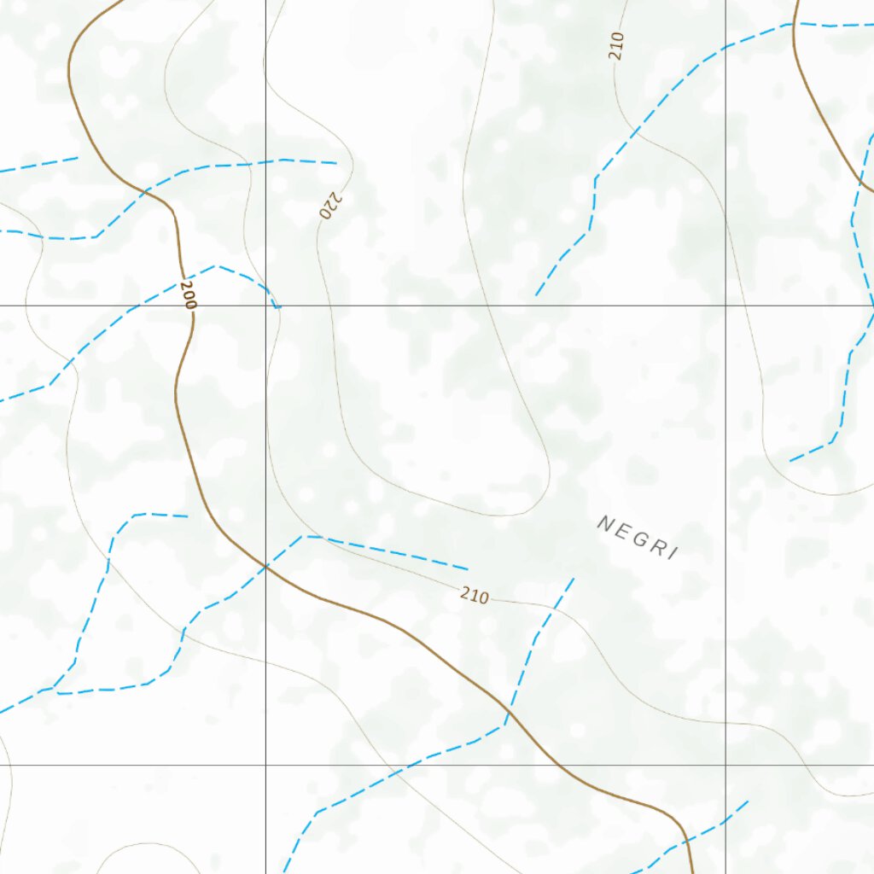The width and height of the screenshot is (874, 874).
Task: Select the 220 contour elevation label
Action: [330, 205]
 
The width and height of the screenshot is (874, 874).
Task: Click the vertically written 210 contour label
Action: [617, 45]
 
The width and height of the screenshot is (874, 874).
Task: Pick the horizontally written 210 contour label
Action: [475, 596]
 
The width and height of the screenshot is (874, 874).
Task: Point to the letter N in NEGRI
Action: [604, 522]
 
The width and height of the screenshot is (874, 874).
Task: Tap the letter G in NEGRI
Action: [639, 538]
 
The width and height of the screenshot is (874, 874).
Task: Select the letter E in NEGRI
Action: [621, 530]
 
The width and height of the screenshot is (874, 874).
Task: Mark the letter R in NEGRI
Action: [657, 546]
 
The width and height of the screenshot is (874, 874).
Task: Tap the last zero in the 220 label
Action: [325, 213]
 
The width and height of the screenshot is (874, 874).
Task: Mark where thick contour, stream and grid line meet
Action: [265, 566]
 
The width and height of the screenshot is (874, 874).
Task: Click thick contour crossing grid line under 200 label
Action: [190, 305]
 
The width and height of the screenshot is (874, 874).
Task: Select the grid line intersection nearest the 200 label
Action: [265, 305]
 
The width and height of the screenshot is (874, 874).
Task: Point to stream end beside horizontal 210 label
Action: [467, 568]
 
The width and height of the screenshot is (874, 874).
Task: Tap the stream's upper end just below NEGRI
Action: [574, 579]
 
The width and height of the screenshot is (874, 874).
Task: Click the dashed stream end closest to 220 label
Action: [336, 162]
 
